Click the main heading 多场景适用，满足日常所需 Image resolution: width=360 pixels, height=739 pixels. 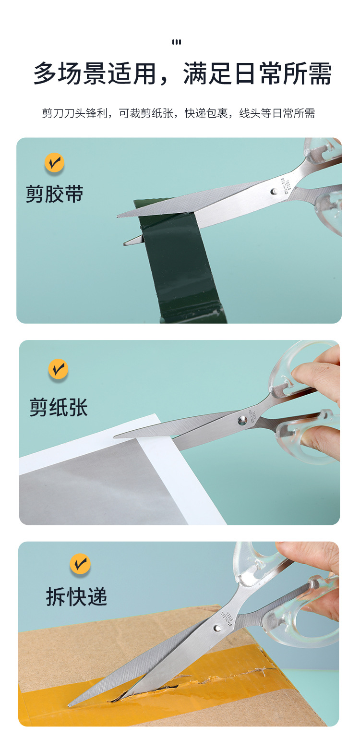point(182,73)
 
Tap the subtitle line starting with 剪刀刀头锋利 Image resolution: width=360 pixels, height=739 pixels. point(179,113)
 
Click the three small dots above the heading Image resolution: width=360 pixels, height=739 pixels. point(177,42)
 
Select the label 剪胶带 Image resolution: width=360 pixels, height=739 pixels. point(54,194)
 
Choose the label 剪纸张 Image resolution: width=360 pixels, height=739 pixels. point(59,407)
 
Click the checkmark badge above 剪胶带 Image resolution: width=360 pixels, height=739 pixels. point(54,162)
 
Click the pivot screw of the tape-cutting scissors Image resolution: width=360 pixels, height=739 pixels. point(274,191)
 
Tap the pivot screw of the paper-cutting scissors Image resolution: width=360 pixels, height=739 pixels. point(242,420)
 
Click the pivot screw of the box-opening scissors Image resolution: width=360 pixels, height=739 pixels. point(217,628)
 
